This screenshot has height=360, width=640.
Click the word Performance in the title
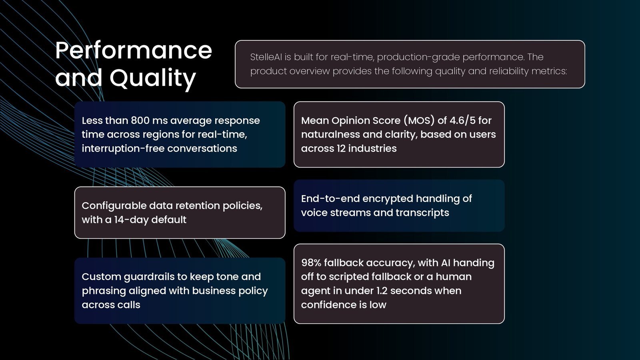coord(134,50)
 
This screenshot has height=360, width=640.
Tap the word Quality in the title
coord(153,78)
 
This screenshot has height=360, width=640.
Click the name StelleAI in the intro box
coord(266,57)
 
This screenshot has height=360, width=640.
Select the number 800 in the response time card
coord(140,120)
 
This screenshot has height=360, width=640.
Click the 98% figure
coord(311,262)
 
